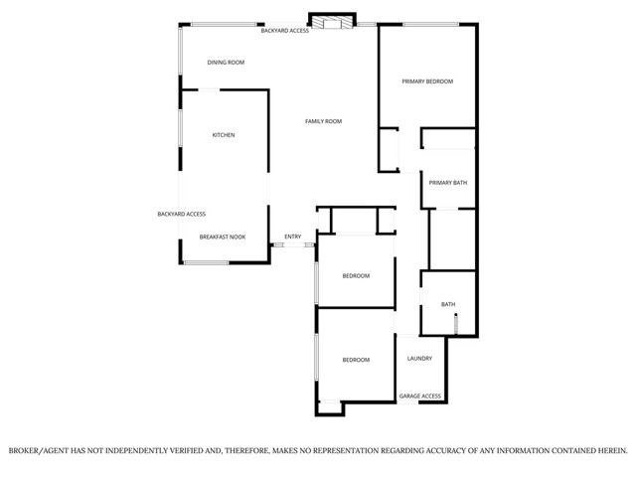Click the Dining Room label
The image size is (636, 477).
coord(226,63)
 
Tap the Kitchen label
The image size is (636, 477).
coord(224,135)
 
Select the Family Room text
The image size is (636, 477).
coord(323,121)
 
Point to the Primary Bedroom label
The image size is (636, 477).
coord(427,81)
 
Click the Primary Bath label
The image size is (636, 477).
coord(448,183)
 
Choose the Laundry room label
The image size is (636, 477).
coord(419,359)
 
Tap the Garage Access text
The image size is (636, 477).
coord(420,397)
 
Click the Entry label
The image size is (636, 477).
coord(292,237)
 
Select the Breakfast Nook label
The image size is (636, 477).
coord(223,238)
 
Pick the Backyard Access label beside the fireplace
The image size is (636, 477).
coord(284,31)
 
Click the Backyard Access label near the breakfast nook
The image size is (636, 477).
coord(181,214)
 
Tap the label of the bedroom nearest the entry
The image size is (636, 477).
coord(356,275)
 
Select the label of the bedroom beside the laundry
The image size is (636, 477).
coord(356,360)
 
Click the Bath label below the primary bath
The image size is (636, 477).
coord(448,305)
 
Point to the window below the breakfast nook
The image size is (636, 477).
coord(207,262)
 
